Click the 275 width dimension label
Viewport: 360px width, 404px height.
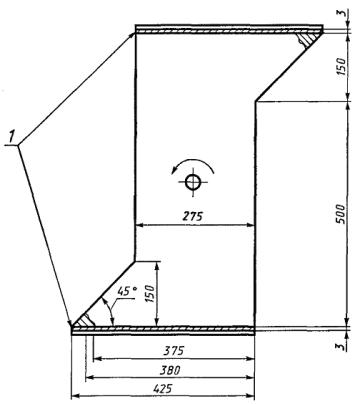pos(193,216)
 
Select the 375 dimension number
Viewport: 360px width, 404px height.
pos(173,351)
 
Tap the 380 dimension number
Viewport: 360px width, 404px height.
pos(170,370)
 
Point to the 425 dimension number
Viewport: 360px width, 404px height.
pos(163,389)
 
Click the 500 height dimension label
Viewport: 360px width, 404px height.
pos(342,214)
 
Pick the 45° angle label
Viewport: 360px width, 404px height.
pos(127,291)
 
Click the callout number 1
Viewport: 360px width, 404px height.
pos(12,138)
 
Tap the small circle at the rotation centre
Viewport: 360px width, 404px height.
pos(193,182)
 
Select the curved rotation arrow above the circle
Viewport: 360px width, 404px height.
pos(193,165)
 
